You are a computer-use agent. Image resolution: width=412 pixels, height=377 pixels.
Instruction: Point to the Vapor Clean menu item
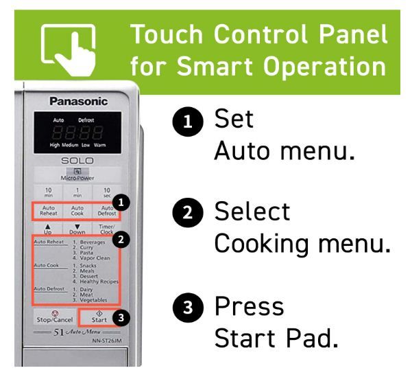pyautogui.click(x=96, y=257)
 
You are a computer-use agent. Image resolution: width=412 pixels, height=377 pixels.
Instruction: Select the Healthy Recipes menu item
pyautogui.click(x=99, y=282)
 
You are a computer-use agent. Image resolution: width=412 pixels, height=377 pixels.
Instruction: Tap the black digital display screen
pyautogui.click(x=78, y=133)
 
